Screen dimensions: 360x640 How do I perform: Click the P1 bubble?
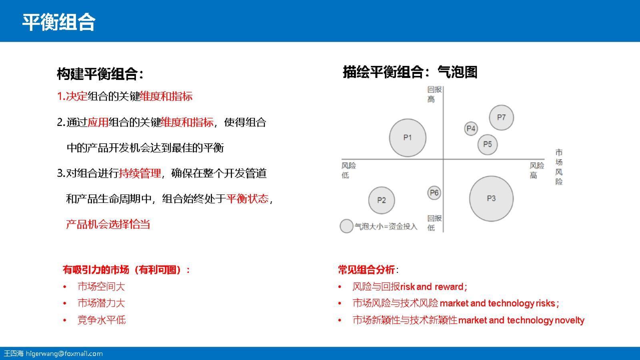point(408,138)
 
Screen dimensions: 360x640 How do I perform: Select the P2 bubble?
point(381,200)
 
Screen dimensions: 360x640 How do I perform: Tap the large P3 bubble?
point(491,198)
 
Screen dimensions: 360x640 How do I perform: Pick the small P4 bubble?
point(471,129)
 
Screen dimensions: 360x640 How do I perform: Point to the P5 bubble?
point(487,144)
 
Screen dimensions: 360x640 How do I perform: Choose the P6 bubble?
point(434,193)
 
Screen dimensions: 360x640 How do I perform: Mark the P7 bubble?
point(501,118)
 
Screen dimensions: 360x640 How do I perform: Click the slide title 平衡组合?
point(58,22)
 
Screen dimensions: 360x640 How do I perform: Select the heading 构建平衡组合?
point(100,74)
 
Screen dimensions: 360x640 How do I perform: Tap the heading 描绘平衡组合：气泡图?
point(410,72)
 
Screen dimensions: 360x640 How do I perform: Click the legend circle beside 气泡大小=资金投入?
point(346,226)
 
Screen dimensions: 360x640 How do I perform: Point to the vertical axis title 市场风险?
point(559,167)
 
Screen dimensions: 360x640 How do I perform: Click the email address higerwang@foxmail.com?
point(64,354)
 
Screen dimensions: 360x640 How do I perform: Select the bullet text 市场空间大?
point(101,286)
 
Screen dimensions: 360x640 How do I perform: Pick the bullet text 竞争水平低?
point(101,320)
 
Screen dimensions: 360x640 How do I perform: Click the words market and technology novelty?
point(521,320)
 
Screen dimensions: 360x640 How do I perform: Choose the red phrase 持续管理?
point(140,173)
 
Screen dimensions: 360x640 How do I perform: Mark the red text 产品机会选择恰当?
point(108,224)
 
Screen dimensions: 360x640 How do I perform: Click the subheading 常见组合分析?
point(366,270)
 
